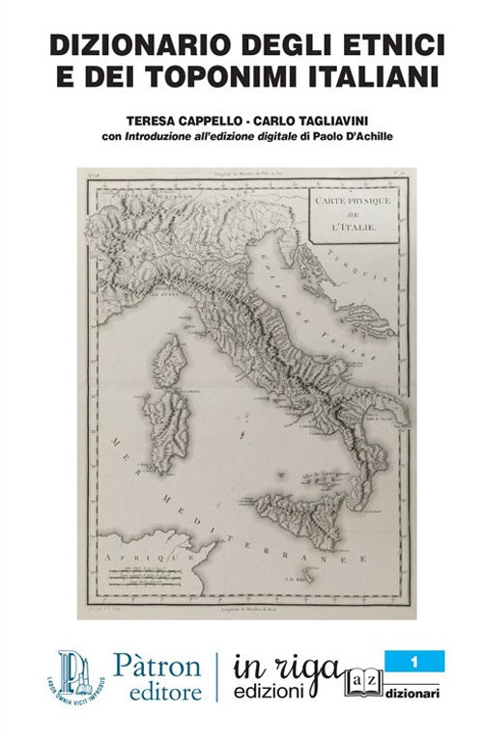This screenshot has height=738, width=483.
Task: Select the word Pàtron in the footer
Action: (157, 666)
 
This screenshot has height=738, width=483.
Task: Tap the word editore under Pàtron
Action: (158, 692)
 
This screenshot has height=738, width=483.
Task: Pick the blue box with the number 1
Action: (414, 662)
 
